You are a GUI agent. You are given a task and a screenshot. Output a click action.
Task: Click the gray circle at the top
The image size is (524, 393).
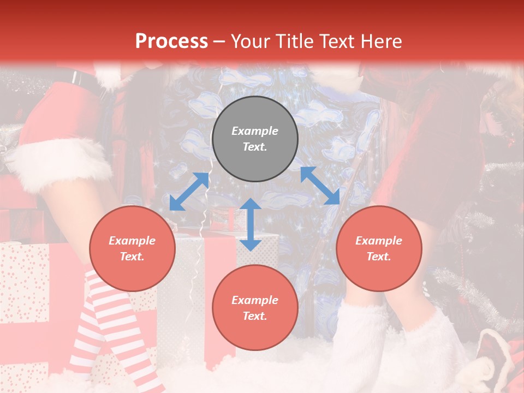point(255,139)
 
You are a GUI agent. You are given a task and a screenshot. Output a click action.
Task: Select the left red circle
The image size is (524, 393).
point(132,249)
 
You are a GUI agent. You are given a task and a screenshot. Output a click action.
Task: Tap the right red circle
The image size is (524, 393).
point(379,249)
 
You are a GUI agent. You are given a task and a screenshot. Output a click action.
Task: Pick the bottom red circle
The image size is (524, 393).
point(255,308)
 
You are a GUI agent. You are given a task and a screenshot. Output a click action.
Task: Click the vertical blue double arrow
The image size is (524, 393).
point(251,224)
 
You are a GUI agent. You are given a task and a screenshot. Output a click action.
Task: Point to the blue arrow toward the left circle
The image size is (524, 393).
point(189,192)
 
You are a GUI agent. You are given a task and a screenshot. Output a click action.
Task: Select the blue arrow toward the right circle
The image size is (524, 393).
point(320,186)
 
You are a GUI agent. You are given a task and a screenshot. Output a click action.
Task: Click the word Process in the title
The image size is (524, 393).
point(171,41)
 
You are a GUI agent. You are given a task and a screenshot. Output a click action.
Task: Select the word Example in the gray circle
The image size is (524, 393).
point(255,131)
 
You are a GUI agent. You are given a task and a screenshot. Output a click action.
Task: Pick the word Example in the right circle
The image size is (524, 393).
point(379,241)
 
